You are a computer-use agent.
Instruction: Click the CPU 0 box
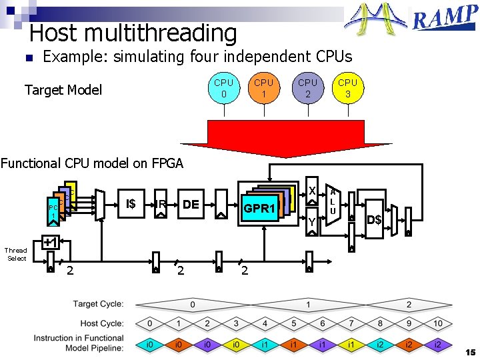[x=223, y=89]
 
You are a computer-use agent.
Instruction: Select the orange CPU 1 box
[x=264, y=89]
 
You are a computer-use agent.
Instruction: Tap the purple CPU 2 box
[x=307, y=89]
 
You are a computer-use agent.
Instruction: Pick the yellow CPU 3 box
[x=347, y=89]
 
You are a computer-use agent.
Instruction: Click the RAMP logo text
[x=444, y=19]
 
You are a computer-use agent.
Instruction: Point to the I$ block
[x=131, y=203]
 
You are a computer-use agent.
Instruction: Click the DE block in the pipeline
[x=191, y=204]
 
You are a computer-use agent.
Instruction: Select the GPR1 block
[x=259, y=209]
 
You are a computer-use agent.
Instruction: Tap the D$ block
[x=374, y=219]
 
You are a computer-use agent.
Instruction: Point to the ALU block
[x=333, y=201]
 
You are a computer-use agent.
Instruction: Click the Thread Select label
[x=17, y=254]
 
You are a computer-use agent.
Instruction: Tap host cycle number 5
[x=294, y=323]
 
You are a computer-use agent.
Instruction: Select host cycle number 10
[x=438, y=323]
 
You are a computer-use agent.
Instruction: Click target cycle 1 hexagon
[x=308, y=304]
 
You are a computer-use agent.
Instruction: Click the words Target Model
[x=63, y=90]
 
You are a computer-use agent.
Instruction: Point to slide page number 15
[x=470, y=351]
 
